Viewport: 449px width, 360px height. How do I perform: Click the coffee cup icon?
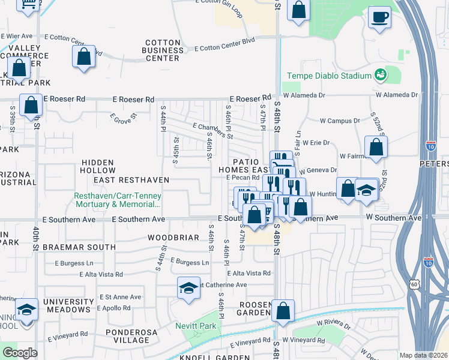pos(379,17)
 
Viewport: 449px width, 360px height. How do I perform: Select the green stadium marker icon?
pos(379,75)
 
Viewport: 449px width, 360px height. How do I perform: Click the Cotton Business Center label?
pos(162,50)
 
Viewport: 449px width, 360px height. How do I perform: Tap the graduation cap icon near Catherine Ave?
pos(188,288)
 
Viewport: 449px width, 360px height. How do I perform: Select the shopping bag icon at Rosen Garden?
pos(283,311)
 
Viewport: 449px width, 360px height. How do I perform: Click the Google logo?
pos(19,353)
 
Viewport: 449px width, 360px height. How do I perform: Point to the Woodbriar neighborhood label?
pos(173,238)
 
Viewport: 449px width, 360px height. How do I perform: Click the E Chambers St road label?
pos(212,131)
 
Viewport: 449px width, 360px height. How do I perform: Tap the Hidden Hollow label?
pos(106,162)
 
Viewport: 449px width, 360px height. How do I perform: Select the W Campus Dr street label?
pos(340,121)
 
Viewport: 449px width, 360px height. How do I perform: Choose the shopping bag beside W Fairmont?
pos(376,148)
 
